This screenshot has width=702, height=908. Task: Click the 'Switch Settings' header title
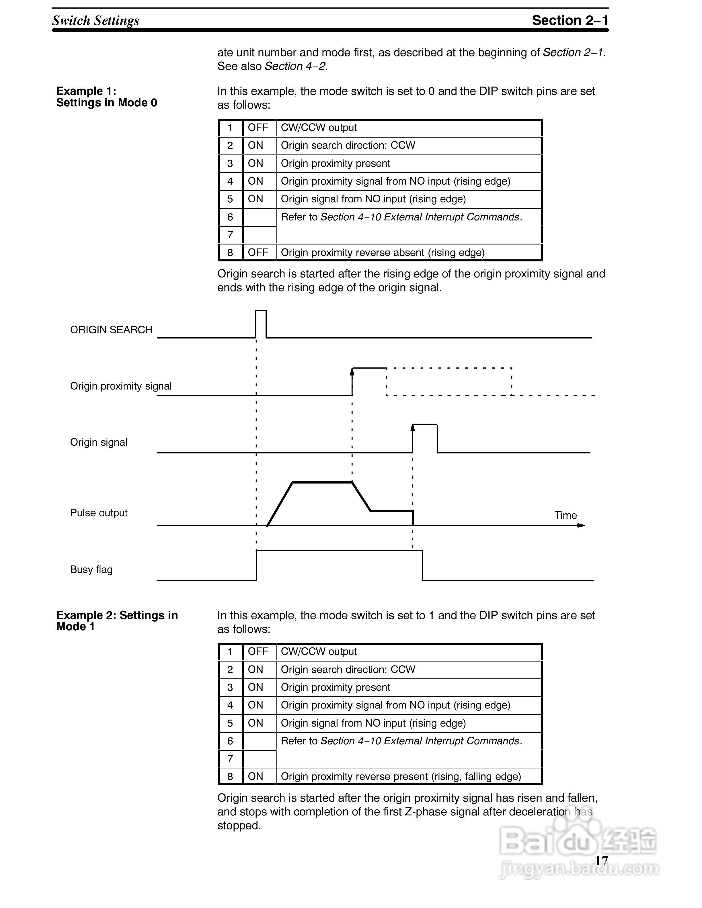click(96, 20)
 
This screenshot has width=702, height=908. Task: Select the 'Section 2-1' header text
click(570, 20)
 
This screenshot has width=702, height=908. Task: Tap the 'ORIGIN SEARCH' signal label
click(111, 330)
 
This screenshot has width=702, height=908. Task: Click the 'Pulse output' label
click(99, 513)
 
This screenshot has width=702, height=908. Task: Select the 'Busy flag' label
click(91, 569)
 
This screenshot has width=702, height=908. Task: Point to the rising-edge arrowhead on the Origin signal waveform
click(413, 427)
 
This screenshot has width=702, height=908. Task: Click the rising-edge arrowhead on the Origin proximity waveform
click(352, 371)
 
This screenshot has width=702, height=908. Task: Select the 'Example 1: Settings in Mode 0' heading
click(106, 97)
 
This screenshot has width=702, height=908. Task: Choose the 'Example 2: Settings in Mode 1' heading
click(117, 621)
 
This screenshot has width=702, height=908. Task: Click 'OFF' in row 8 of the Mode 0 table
click(258, 252)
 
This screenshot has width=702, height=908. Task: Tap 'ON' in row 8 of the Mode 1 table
click(255, 776)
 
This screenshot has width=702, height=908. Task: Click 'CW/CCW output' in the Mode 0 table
click(319, 128)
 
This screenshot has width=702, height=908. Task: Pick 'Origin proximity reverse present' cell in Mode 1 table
click(401, 776)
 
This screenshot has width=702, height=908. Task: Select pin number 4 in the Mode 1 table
click(230, 705)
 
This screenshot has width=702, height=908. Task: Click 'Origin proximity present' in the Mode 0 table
click(335, 163)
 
